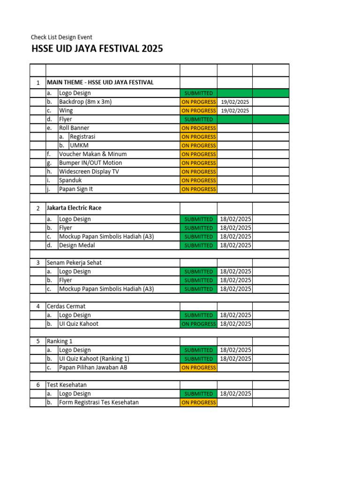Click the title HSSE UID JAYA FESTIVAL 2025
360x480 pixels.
click(97, 49)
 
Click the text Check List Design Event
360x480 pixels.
click(61, 37)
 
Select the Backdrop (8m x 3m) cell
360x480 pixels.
click(85, 102)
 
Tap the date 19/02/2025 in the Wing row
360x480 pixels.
click(235, 111)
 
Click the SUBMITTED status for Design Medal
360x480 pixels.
click(198, 245)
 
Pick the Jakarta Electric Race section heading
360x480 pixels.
click(74, 208)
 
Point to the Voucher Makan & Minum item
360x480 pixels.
click(93, 154)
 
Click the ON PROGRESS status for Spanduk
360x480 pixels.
click(198, 180)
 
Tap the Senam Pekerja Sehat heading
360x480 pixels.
click(74, 263)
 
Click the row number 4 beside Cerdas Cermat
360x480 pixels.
click(38, 307)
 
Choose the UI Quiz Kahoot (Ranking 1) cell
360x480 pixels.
click(94, 359)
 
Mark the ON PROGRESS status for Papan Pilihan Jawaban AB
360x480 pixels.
click(198, 367)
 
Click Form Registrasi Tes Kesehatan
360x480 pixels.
click(98, 403)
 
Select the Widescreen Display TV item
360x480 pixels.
click(89, 172)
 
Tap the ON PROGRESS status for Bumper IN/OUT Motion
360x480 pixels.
click(198, 163)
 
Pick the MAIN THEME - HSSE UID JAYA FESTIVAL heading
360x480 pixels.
click(100, 82)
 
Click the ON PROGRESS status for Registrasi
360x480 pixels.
click(198, 137)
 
